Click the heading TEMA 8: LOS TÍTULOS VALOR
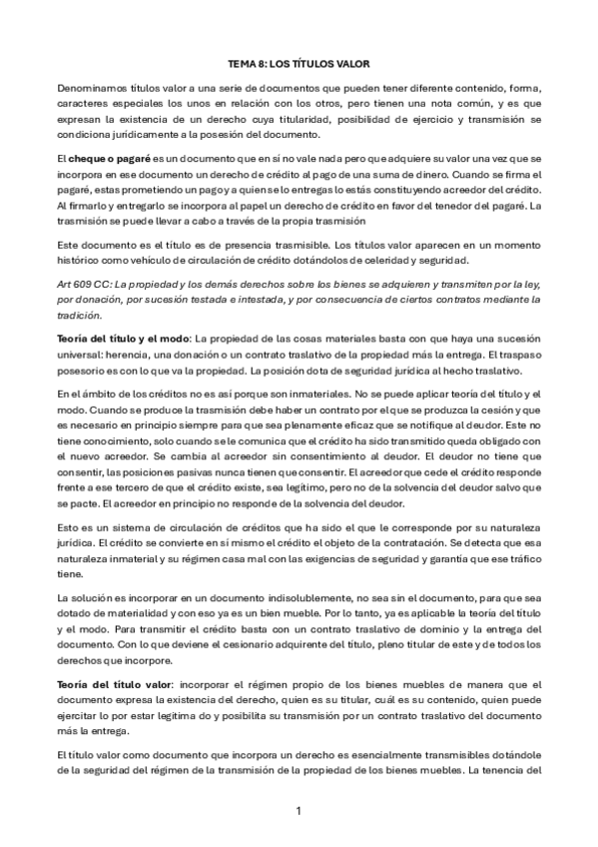click(299, 62)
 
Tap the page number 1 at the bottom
click(299, 810)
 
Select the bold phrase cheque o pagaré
click(104, 160)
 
